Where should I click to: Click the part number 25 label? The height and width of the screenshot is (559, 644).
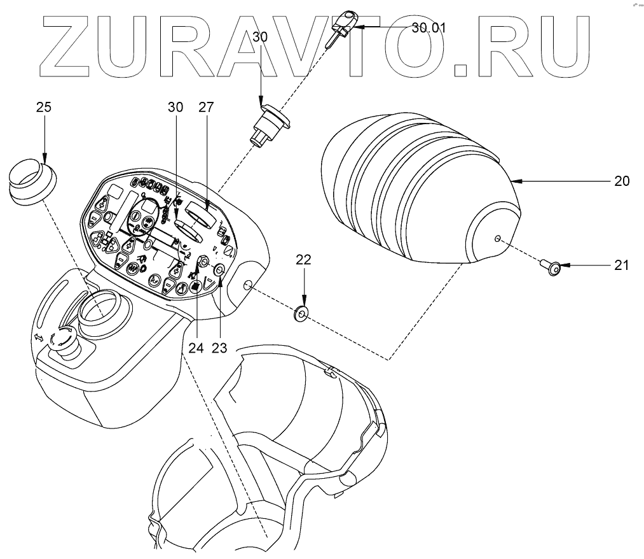[x=43, y=107]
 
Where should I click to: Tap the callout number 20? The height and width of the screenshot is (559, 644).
[x=622, y=181]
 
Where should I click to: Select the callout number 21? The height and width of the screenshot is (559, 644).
[x=622, y=265]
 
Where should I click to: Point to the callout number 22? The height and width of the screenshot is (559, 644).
[x=304, y=259]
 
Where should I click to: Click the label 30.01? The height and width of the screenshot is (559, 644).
[x=429, y=27]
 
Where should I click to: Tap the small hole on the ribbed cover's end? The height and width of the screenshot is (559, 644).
[x=498, y=239]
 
